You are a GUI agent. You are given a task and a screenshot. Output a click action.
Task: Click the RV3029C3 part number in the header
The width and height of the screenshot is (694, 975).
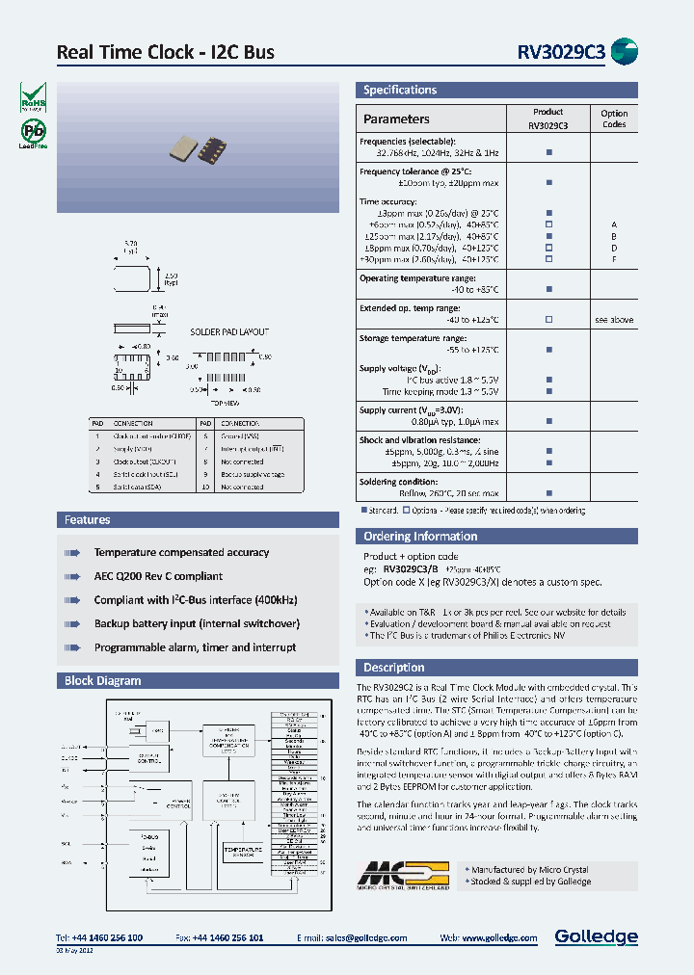point(561,52)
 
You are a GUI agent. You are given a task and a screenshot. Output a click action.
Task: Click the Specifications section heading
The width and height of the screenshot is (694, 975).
point(400,91)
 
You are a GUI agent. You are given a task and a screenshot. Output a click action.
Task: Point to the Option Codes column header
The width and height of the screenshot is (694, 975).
point(614,119)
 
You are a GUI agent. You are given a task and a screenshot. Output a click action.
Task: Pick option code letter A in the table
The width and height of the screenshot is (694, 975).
point(613,224)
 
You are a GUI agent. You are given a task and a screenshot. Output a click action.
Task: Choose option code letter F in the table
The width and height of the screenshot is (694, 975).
point(613,259)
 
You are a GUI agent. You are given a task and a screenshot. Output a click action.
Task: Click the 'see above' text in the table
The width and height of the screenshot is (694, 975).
point(614,319)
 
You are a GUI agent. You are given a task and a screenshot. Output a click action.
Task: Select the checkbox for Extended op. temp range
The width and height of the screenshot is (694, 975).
point(548,319)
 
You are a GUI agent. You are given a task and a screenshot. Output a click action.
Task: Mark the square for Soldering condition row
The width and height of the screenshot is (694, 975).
point(548,493)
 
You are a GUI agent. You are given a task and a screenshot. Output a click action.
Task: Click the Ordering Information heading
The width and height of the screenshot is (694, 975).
point(420,537)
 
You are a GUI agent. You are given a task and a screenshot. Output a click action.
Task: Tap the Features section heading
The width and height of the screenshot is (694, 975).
point(88,520)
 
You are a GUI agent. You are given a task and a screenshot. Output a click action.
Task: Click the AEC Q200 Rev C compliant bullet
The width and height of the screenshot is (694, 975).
point(158,576)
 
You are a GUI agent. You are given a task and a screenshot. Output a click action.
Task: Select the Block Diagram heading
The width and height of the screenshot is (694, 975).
point(102,681)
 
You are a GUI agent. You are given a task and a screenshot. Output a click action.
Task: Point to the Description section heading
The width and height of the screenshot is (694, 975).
point(394,668)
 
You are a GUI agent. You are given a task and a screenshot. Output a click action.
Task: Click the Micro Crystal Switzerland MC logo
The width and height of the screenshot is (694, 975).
point(404,875)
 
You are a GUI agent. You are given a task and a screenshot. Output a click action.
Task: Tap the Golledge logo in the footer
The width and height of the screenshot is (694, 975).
point(596,936)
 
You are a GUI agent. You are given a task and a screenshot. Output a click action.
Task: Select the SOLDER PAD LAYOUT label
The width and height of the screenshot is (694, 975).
point(229,331)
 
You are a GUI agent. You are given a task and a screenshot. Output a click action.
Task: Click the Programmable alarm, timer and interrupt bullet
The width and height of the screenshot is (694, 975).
point(195,647)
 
